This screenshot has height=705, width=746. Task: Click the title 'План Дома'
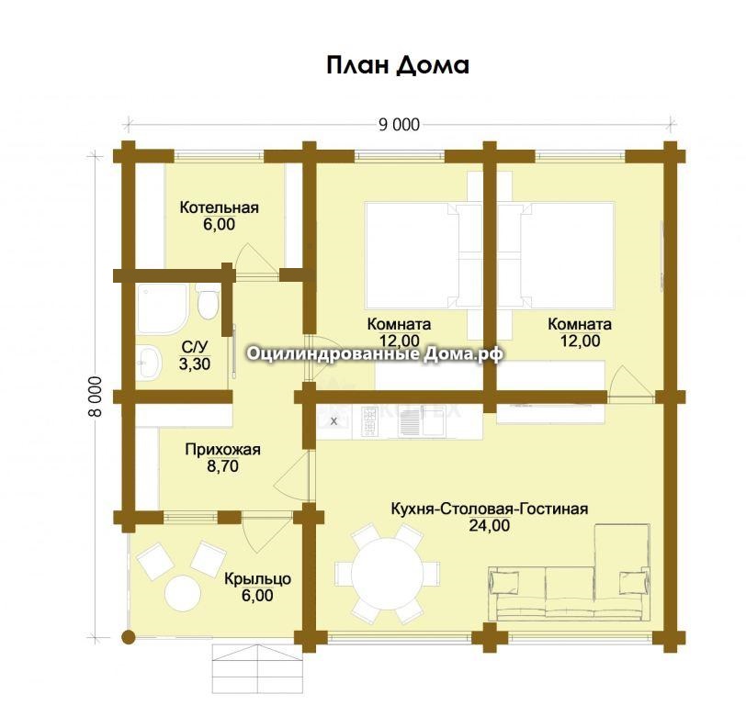[x=398, y=65]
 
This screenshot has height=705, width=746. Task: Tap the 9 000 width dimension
[x=399, y=125]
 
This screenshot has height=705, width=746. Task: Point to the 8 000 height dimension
[x=96, y=397]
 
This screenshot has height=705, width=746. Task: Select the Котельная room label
[x=220, y=207]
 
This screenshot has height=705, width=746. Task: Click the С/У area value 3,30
[x=195, y=364]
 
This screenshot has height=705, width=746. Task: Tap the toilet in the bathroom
[x=208, y=301]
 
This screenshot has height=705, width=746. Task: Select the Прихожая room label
[x=222, y=449]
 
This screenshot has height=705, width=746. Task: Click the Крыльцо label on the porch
[x=257, y=579]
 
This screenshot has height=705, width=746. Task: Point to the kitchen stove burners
[x=369, y=421]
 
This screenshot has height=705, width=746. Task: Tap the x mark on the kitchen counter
[x=333, y=421]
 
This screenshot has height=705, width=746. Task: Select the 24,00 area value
[x=490, y=526]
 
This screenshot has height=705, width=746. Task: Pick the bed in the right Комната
[x=568, y=255]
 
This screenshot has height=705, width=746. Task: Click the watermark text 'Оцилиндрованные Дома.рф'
[x=375, y=354]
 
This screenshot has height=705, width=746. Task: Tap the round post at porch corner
[x=128, y=637]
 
